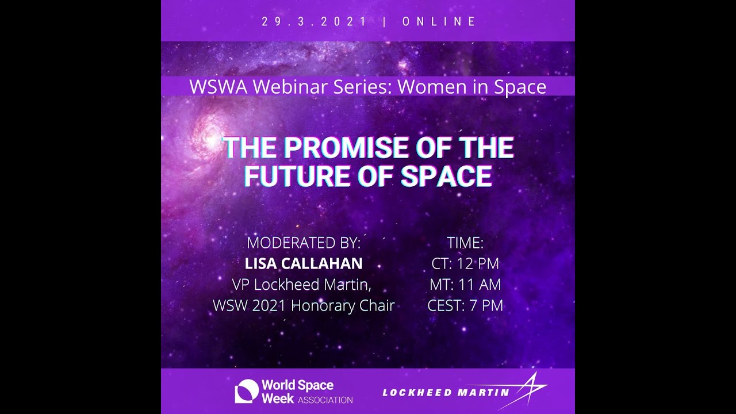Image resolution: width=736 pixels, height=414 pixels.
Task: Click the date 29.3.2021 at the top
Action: point(314,22)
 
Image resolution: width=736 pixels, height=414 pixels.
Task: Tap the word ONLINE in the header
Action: point(439,22)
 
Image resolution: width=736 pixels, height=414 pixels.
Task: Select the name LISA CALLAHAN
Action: point(304,263)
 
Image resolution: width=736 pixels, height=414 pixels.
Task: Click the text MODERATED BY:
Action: point(304,243)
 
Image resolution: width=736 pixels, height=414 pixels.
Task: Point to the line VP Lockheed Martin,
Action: point(304,285)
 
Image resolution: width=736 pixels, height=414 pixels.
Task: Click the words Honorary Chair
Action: point(343,305)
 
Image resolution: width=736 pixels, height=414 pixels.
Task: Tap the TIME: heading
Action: point(465,243)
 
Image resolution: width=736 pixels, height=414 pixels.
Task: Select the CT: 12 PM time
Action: point(465,263)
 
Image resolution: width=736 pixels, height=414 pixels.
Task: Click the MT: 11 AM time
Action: point(465,285)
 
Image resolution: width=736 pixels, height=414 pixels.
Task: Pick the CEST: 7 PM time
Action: point(465,305)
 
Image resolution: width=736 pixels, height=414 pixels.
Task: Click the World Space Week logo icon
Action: point(246,391)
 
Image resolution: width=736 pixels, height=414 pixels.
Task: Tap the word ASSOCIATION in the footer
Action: point(325,400)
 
